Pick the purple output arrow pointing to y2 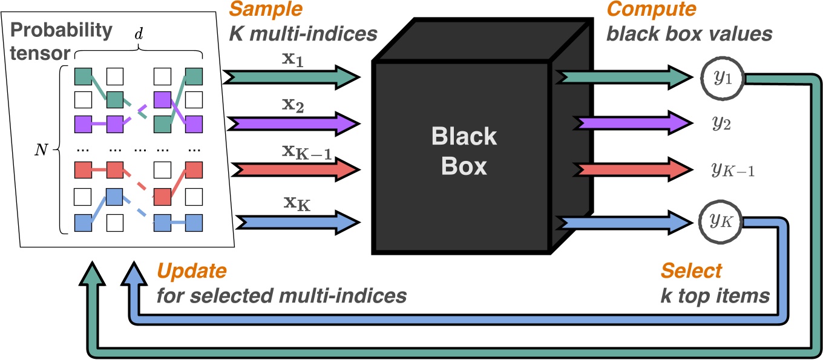point(623,123)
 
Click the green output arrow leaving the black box point(623,77)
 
